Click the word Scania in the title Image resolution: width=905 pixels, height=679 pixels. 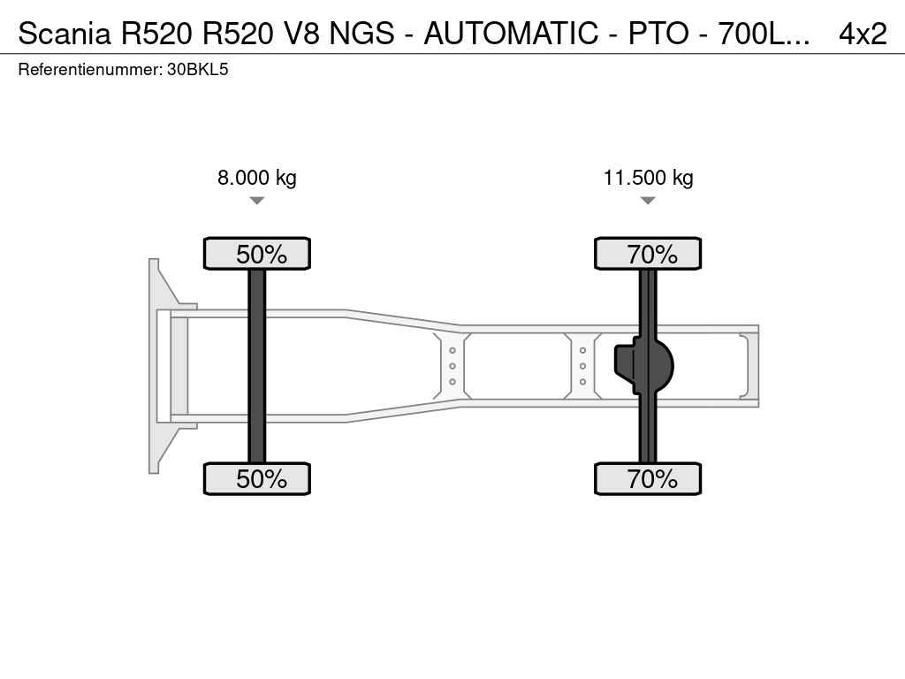pyautogui.click(x=64, y=34)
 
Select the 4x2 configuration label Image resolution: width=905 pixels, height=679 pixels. pyautogui.click(x=863, y=34)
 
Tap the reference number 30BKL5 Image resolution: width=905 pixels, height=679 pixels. pyautogui.click(x=197, y=70)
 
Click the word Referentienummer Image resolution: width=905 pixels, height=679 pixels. pyautogui.click(x=89, y=70)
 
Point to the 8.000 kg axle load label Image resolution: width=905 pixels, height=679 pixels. pyautogui.click(x=257, y=177)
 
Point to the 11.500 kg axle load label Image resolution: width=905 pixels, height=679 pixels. pyautogui.click(x=648, y=177)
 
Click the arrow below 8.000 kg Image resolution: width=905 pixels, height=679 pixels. pyautogui.click(x=257, y=201)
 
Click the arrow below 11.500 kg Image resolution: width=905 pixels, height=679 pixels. pyautogui.click(x=648, y=201)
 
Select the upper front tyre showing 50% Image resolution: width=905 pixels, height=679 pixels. pyautogui.click(x=257, y=254)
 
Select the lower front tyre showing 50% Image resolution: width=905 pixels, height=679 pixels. pyautogui.click(x=257, y=478)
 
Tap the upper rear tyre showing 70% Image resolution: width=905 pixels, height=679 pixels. pyautogui.click(x=648, y=254)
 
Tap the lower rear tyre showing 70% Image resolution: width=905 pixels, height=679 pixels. pyautogui.click(x=648, y=478)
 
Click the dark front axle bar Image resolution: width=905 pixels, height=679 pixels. pyautogui.click(x=257, y=366)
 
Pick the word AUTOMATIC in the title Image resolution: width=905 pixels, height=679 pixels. pyautogui.click(x=512, y=34)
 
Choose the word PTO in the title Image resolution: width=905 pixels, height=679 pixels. pyautogui.click(x=658, y=34)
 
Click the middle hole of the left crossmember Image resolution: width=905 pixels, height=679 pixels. pyautogui.click(x=452, y=366)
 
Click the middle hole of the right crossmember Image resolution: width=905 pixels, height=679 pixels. pyautogui.click(x=583, y=366)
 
